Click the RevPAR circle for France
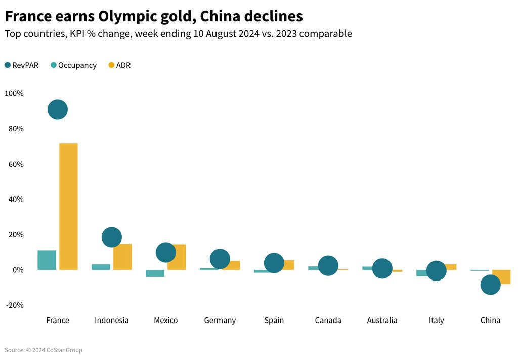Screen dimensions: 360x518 [58, 109]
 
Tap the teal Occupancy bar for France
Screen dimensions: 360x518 [47, 260]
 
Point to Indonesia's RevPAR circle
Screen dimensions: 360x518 [112, 237]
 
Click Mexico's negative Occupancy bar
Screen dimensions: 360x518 [155, 273]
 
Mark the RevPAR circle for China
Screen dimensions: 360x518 [490, 285]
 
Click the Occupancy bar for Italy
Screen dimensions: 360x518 [422, 273]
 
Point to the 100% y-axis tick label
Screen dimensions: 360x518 [14, 94]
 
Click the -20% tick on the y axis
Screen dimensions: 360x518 [14, 305]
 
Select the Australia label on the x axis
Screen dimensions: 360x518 [382, 321]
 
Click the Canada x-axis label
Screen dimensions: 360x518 [328, 321]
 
